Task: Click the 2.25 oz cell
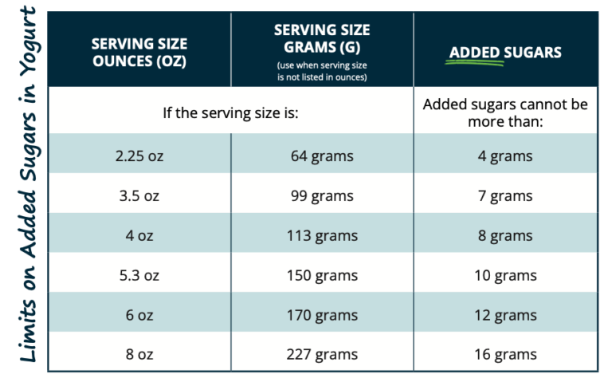(x=139, y=156)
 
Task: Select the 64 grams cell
(x=322, y=156)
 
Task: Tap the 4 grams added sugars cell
(x=505, y=156)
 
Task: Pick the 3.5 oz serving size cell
(x=139, y=196)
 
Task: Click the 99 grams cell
(x=322, y=196)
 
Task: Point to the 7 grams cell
(x=505, y=196)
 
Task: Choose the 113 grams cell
(x=322, y=236)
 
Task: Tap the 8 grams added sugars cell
(x=505, y=236)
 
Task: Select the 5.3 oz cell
(x=139, y=276)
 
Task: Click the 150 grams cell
(x=322, y=276)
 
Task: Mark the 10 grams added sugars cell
(x=505, y=276)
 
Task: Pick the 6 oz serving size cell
(x=139, y=316)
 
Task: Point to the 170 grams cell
(x=322, y=316)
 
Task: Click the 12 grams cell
(x=505, y=316)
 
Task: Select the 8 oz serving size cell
(x=139, y=355)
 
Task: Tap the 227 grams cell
(x=322, y=355)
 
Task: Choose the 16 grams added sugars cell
(x=505, y=355)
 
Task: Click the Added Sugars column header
(x=505, y=53)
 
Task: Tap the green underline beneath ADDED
(x=477, y=63)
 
